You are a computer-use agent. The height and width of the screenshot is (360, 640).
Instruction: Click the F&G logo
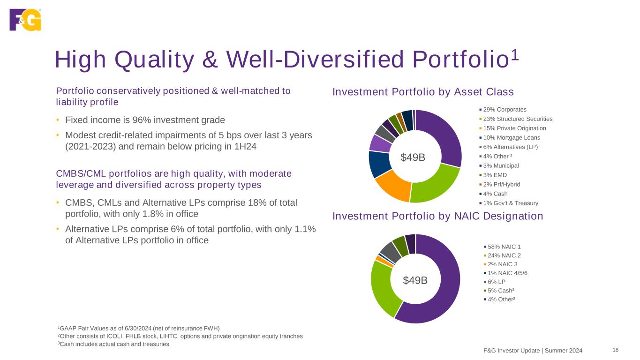(25, 20)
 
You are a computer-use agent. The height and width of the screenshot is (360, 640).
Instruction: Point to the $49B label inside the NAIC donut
(415, 280)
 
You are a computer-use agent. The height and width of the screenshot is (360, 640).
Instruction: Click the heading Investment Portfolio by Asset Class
(423, 92)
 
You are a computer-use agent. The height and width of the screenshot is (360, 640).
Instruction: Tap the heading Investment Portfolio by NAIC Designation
(437, 216)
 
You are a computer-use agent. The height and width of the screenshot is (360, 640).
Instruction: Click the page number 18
(616, 350)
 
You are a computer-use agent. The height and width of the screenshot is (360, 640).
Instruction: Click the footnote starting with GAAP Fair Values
(138, 328)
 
